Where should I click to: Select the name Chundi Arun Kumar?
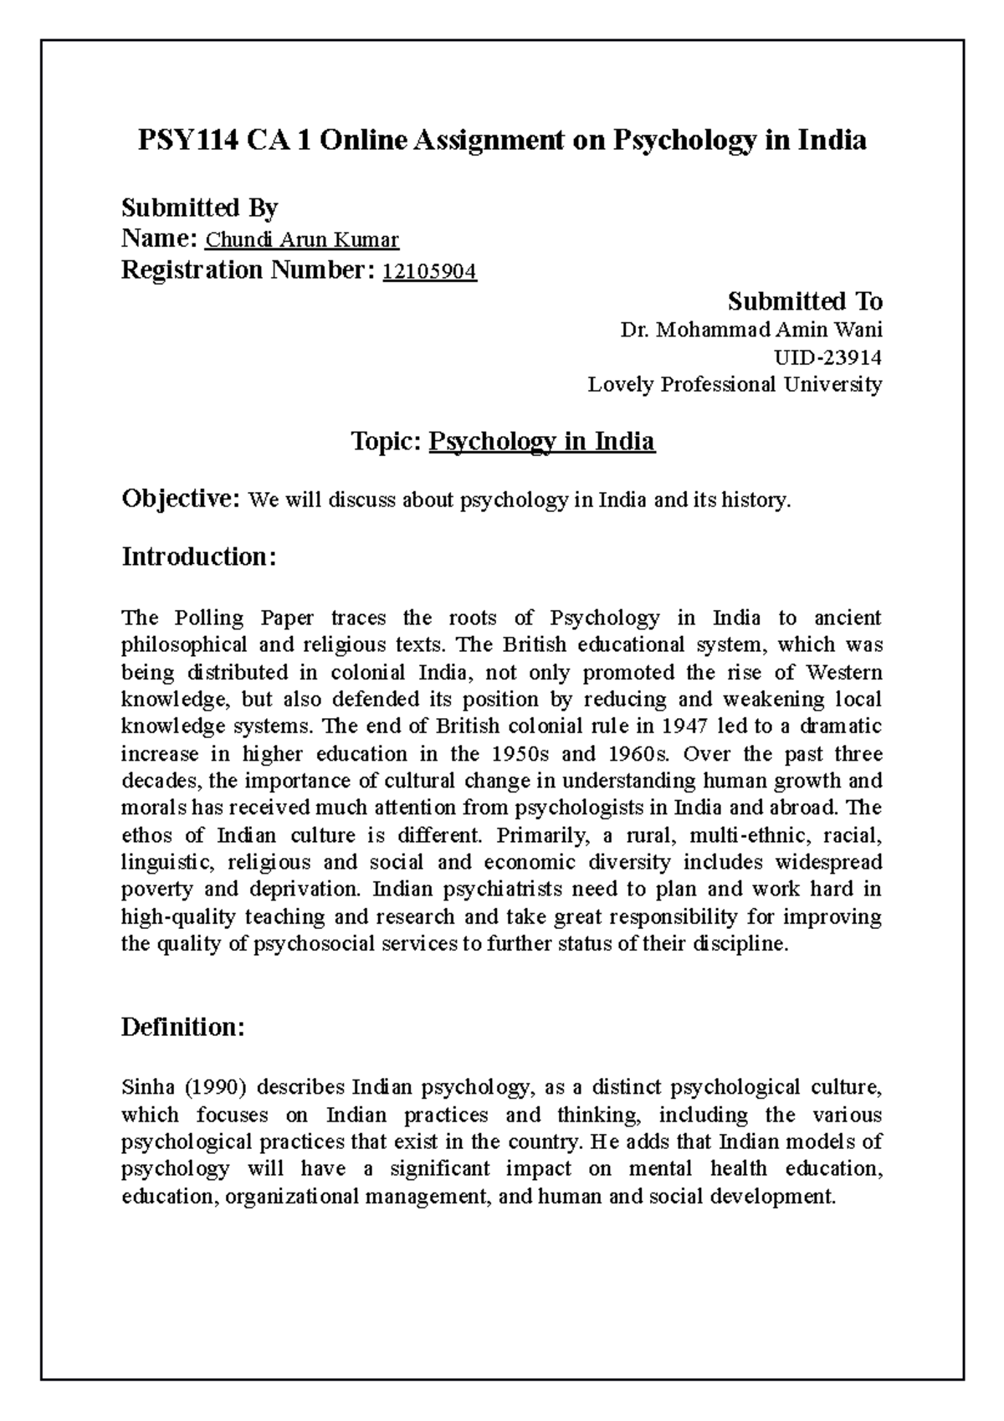coord(302,241)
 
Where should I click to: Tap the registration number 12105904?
coord(429,271)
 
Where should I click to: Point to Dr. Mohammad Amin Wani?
coord(750,330)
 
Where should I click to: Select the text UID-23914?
coord(829,357)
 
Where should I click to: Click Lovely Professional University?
coord(735,385)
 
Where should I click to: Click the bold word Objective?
coord(182,500)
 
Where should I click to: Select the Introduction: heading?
coord(198,557)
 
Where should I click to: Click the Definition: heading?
coord(183,1027)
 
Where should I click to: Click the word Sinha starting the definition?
coord(146,1087)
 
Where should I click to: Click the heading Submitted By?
coord(200,207)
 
